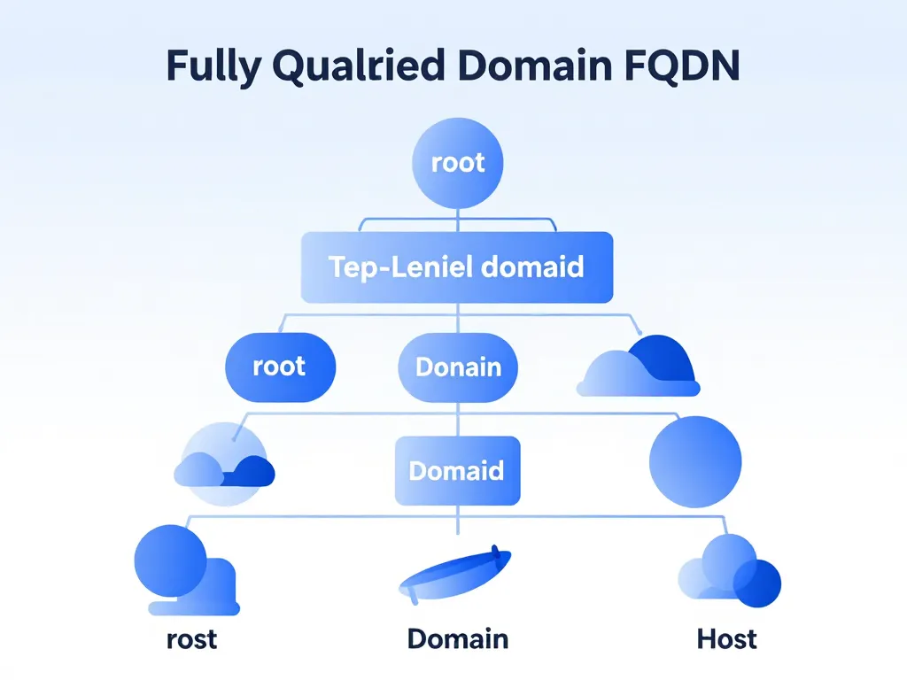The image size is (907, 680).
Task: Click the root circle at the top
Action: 458,163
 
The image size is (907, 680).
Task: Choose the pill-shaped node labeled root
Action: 280,367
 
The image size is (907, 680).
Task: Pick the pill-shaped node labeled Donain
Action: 458,367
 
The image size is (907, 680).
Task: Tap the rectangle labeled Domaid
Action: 456,470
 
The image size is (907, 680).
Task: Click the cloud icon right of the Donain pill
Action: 639,367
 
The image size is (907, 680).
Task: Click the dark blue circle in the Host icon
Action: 757,583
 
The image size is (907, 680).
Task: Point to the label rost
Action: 191,638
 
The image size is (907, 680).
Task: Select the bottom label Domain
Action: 457,638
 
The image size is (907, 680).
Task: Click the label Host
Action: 726,638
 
